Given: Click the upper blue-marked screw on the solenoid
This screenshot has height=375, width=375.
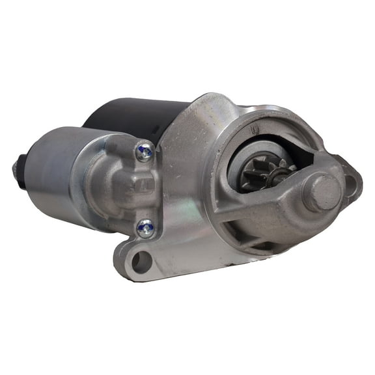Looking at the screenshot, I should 145,152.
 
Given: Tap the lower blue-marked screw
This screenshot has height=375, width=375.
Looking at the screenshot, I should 146,227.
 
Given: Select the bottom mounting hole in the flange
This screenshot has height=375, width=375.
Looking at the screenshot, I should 141,262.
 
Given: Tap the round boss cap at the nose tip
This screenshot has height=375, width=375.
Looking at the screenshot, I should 322,193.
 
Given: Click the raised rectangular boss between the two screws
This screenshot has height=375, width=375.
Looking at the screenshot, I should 144,190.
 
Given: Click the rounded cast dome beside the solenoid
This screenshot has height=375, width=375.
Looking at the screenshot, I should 114,189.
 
